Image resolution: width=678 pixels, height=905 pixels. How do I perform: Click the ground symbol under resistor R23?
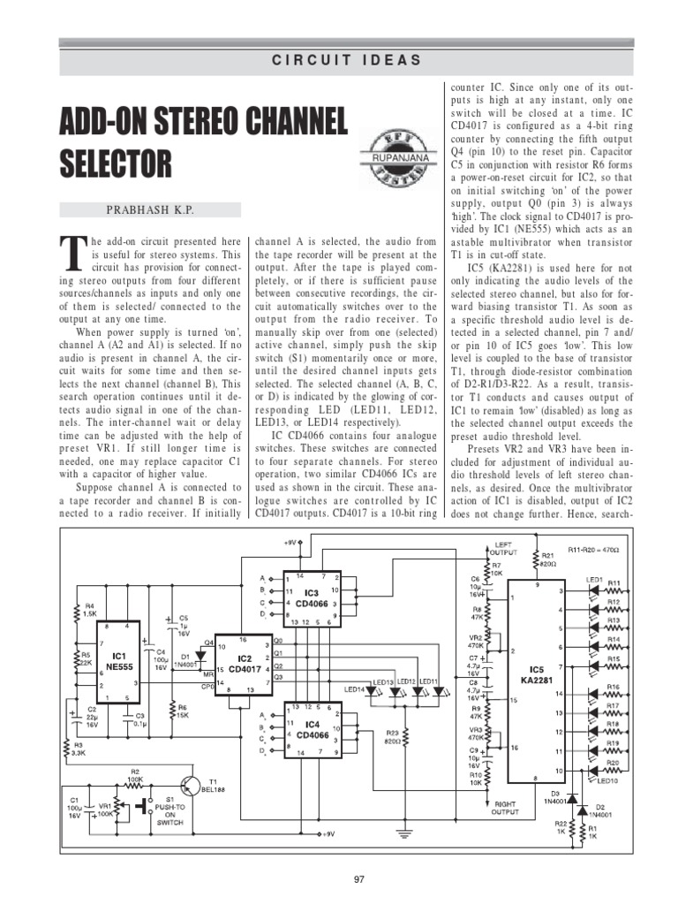pos(403,832)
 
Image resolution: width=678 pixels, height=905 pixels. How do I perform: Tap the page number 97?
pos(358,878)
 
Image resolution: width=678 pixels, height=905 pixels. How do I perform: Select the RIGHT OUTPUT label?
pos(506,807)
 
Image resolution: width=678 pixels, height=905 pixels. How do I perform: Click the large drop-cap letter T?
pos(73,254)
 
